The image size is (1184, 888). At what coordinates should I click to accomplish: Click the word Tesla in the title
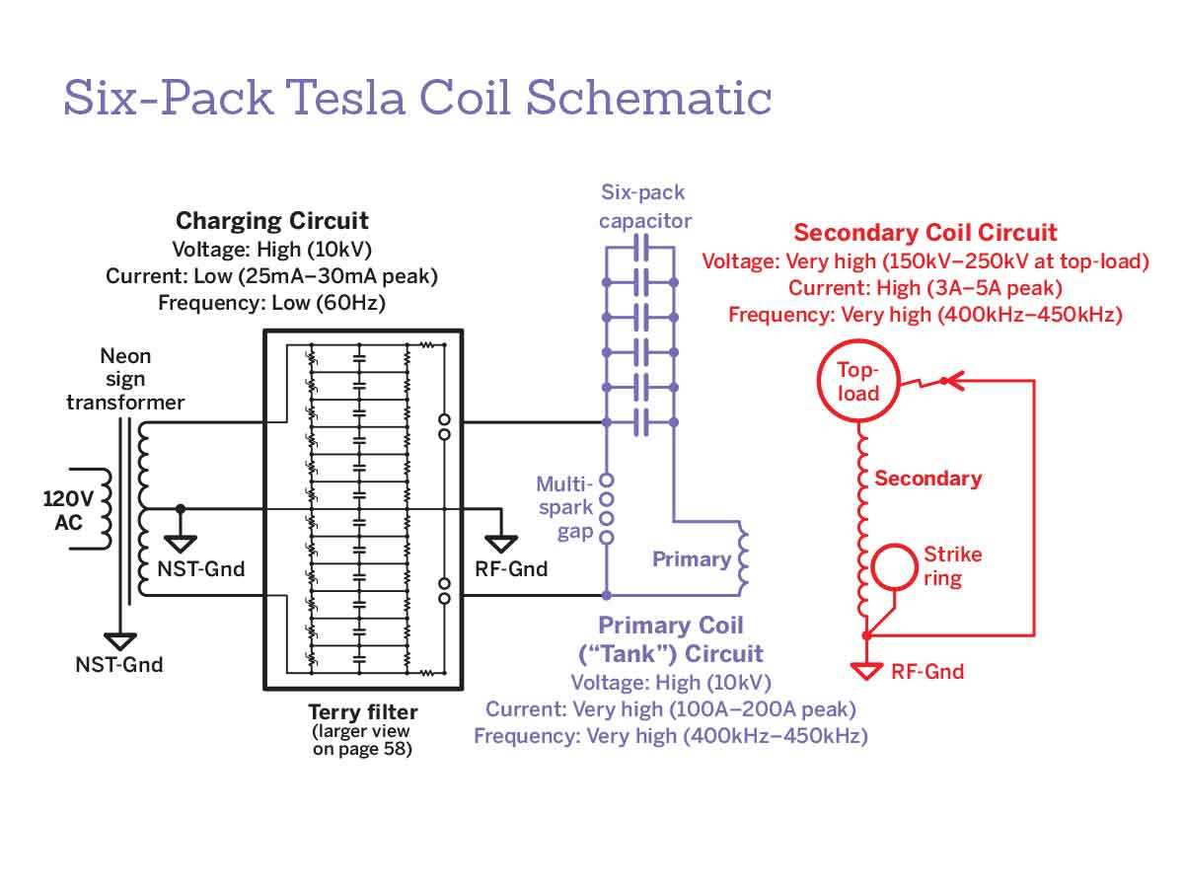pyautogui.click(x=345, y=98)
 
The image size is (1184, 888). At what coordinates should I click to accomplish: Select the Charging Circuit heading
pyautogui.click(x=272, y=221)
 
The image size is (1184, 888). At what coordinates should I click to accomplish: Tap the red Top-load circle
pyautogui.click(x=858, y=381)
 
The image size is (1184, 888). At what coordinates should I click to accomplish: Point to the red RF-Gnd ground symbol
pyautogui.click(x=866, y=671)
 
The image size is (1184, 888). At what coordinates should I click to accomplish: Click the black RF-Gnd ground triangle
pyautogui.click(x=501, y=544)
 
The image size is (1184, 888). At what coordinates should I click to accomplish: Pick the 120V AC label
pyautogui.click(x=68, y=510)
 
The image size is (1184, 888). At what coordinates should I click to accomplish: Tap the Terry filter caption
pyautogui.click(x=362, y=712)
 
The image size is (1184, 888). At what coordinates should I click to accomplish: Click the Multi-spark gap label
pyautogui.click(x=564, y=507)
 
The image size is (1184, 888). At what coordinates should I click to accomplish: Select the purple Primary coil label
pyautogui.click(x=692, y=559)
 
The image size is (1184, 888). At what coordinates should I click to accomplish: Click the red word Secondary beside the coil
pyautogui.click(x=927, y=479)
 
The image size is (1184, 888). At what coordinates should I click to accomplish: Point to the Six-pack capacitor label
pyautogui.click(x=644, y=206)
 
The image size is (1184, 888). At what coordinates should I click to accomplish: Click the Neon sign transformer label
pyautogui.click(x=125, y=379)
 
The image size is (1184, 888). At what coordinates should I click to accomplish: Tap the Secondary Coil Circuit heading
pyautogui.click(x=925, y=233)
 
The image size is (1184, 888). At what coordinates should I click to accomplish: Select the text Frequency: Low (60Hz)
pyautogui.click(x=272, y=303)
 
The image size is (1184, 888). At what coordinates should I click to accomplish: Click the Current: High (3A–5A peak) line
pyautogui.click(x=925, y=288)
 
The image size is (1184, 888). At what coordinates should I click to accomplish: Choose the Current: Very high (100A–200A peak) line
pyautogui.click(x=671, y=709)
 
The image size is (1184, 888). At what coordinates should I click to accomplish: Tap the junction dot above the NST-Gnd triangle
pyautogui.click(x=181, y=508)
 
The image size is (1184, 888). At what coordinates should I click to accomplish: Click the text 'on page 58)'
pyautogui.click(x=362, y=748)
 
